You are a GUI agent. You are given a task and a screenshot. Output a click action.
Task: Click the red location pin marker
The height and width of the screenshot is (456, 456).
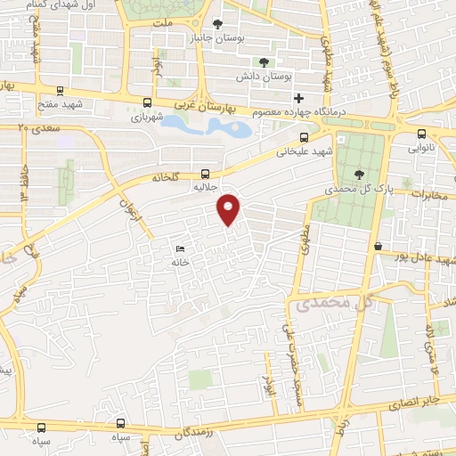click(229, 208)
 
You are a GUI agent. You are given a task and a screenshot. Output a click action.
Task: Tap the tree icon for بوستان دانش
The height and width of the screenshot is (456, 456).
click(265, 61)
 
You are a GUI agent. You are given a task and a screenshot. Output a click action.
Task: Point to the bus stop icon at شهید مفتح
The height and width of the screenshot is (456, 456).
click(60, 90)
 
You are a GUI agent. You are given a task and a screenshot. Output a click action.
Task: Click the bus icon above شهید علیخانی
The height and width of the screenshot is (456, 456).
click(305, 137)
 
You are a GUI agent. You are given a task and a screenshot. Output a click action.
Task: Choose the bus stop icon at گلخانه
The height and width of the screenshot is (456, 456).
click(207, 174)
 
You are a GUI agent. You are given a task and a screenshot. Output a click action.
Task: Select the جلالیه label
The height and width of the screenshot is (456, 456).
click(206, 189)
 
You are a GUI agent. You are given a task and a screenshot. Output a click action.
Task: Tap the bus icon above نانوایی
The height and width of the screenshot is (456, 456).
click(421, 135)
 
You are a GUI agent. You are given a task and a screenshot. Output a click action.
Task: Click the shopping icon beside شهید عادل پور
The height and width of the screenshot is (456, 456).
click(379, 246)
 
